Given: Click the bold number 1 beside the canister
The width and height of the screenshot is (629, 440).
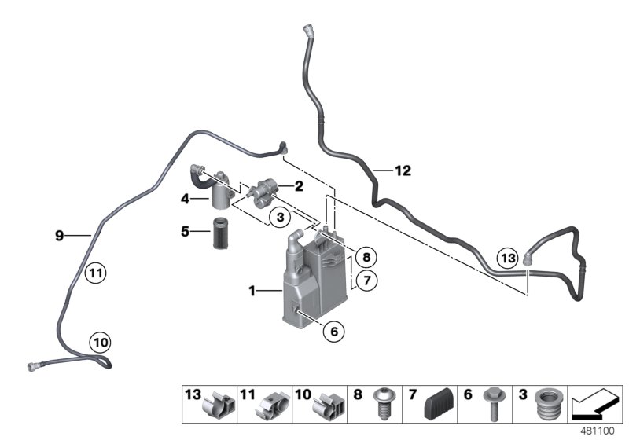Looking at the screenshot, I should pos(252,291).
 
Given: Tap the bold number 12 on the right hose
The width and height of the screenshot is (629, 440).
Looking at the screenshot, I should pos(403,170).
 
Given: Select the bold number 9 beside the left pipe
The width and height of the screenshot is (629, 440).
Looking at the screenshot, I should pos(58,234).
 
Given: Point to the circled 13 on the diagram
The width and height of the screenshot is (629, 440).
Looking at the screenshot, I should pos(509,257).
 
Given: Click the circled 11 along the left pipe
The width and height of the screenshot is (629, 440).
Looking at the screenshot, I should pos(95,273).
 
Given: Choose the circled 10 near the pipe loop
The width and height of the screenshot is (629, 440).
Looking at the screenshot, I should pos(100,342).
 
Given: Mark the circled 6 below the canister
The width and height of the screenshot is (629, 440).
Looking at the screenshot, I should pos(333,332).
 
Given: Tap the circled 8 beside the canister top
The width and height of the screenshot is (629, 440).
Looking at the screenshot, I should pos(364,256).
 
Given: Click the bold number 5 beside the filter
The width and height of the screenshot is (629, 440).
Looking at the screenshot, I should pos(186,232).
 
